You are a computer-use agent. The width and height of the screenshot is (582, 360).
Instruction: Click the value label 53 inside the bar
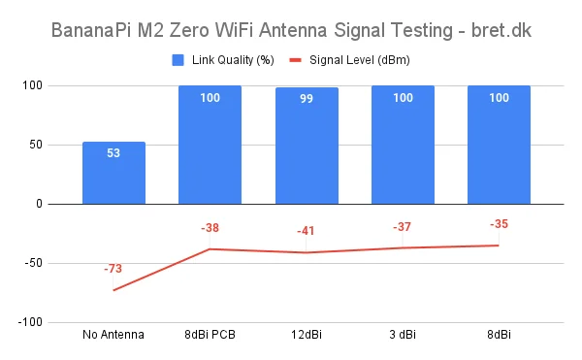coord(113,153)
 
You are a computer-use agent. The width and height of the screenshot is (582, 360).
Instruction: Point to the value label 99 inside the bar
coord(307,99)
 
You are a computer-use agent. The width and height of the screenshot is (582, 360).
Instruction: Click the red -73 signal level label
coord(113,268)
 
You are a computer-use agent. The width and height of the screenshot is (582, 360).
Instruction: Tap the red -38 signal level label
coord(210,228)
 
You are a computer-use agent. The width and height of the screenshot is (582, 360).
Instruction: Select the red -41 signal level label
coord(307,231)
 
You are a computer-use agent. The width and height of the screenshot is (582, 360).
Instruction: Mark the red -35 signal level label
coord(499,224)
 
